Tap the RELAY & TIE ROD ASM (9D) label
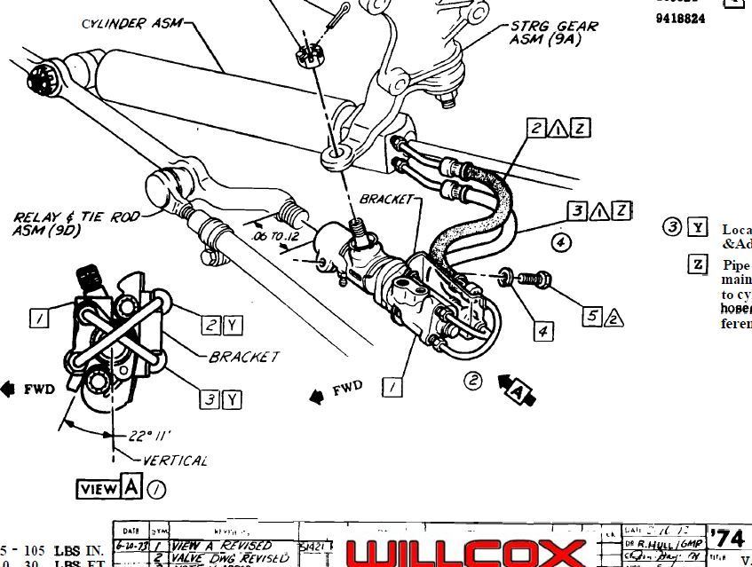[75, 224]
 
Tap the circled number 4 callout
[560, 240]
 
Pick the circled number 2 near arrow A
[473, 381]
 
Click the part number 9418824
[681, 18]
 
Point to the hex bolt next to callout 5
[534, 280]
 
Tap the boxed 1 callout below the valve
[392, 387]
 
